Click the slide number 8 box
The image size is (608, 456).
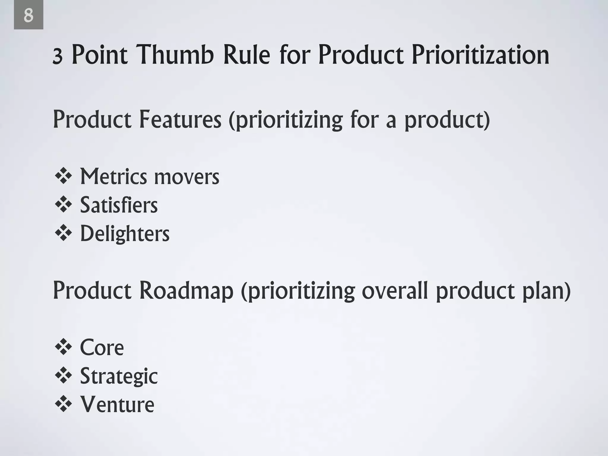(x=28, y=15)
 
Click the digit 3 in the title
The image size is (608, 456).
(x=57, y=57)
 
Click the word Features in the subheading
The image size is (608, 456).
(x=180, y=119)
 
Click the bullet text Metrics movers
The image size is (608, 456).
(x=150, y=177)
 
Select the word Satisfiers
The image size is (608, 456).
(x=119, y=205)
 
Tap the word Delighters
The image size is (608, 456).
(x=125, y=233)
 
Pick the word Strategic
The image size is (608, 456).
(x=119, y=376)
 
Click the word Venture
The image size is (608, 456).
(x=117, y=404)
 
